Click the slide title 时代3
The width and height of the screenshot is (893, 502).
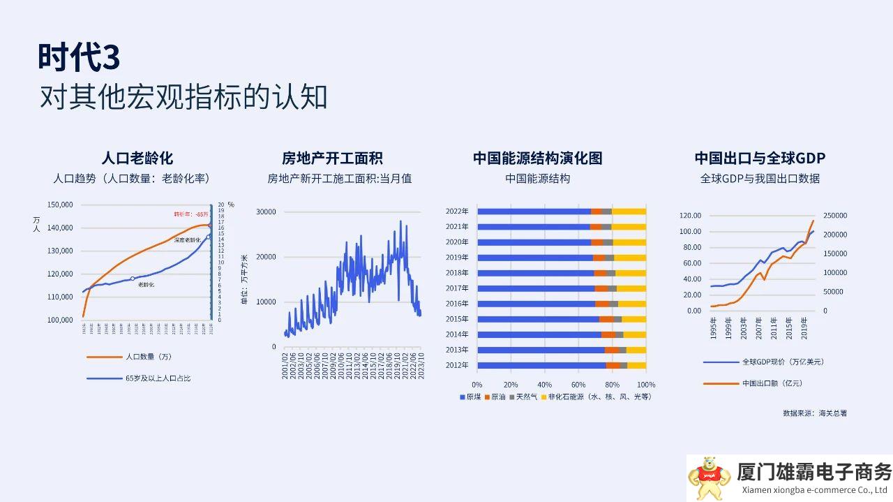[79, 58]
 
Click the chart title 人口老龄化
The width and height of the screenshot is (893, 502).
[137, 158]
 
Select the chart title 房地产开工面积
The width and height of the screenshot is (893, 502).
[332, 158]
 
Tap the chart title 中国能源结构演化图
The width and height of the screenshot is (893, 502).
[537, 158]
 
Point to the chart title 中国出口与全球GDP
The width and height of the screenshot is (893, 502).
[760, 158]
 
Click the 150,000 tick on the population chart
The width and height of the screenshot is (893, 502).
[60, 205]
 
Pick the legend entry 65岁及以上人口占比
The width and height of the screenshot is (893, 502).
[158, 378]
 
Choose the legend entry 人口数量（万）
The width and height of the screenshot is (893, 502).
[148, 357]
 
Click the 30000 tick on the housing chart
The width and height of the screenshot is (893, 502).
[267, 212]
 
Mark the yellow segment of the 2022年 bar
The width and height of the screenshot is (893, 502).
[629, 212]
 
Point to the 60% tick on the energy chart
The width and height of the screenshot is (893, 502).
[578, 385]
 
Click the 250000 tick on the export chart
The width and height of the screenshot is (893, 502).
[835, 216]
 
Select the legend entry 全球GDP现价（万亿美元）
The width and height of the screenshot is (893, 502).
[782, 362]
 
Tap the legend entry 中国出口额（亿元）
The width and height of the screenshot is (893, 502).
[772, 383]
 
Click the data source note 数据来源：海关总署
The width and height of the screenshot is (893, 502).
[815, 413]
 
